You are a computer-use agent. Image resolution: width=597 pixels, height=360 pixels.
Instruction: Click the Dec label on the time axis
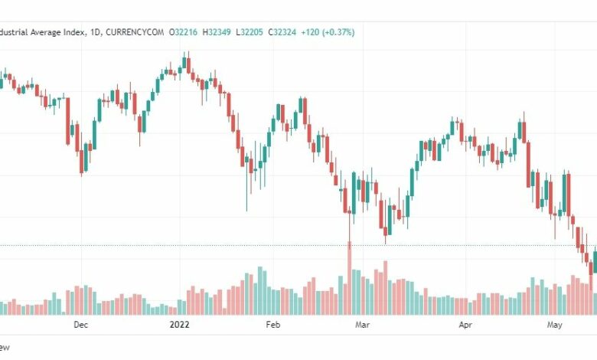81,325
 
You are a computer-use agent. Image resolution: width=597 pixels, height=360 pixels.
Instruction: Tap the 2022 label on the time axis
178,325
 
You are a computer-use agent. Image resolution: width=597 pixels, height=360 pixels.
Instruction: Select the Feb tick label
273,325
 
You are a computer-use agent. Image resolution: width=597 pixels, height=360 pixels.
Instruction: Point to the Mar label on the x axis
364,325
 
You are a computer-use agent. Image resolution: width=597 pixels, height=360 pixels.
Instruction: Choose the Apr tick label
465,325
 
